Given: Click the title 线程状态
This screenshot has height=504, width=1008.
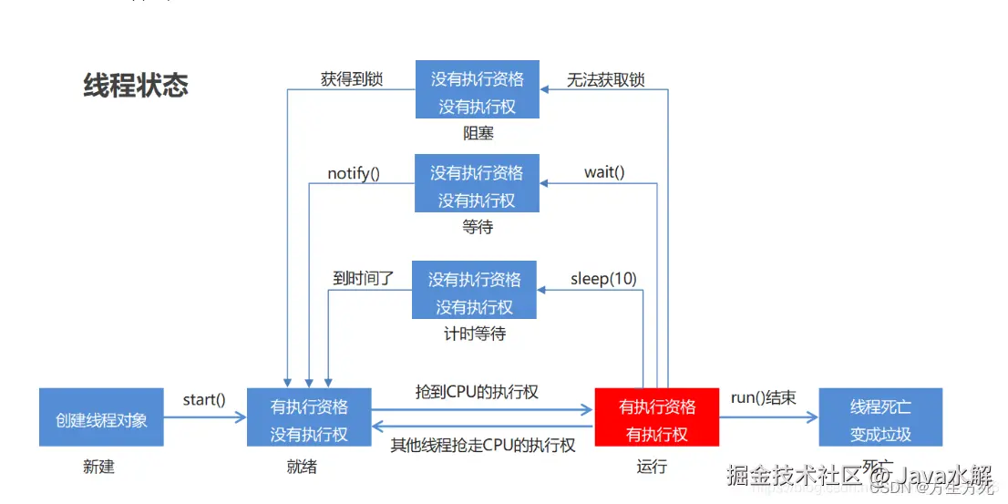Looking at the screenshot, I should click(136, 86).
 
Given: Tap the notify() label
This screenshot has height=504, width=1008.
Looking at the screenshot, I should click(354, 172).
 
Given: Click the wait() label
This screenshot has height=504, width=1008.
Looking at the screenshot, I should click(604, 172).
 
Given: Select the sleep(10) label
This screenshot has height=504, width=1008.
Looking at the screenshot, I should click(603, 278).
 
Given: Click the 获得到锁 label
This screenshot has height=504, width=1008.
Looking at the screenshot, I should click(352, 79).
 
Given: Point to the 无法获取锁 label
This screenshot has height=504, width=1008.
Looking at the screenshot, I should click(605, 79).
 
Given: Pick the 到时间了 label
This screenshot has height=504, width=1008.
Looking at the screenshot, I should click(363, 278).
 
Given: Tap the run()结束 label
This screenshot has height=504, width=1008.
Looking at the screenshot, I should click(763, 397).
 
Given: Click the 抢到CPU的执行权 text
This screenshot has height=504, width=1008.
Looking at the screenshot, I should click(477, 392).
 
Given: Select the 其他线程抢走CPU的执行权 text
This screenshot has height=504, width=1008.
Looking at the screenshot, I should click(483, 445).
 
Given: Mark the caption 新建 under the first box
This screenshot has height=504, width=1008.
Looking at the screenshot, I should click(98, 467).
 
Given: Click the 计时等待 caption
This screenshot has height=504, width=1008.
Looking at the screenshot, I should click(474, 334).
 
